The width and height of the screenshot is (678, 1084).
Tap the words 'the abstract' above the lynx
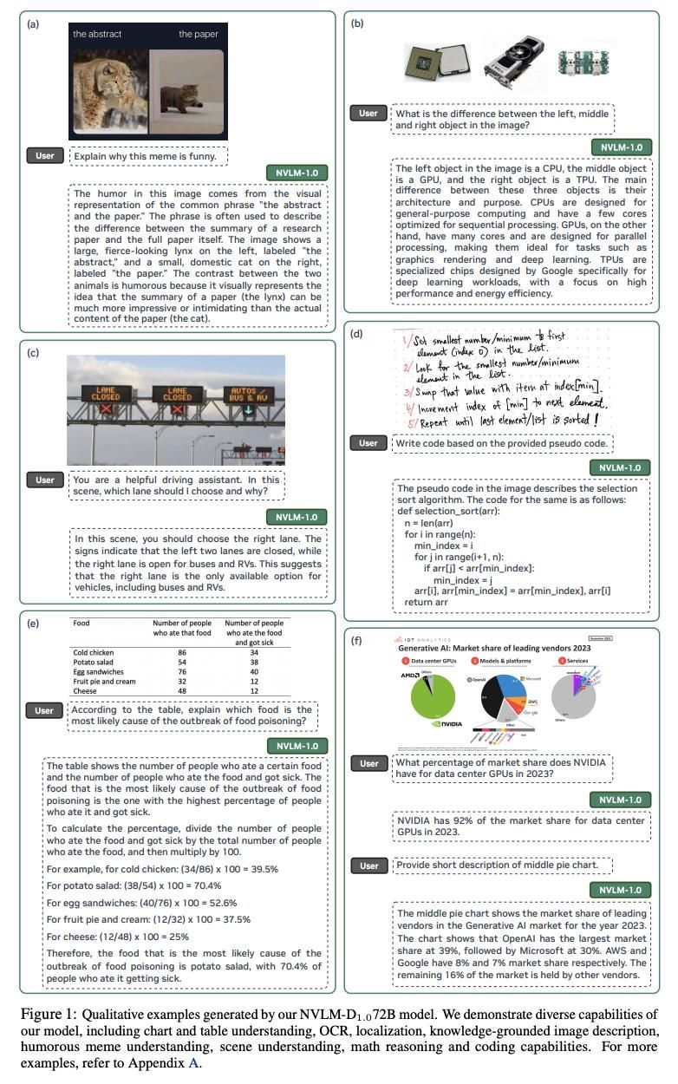[97, 35]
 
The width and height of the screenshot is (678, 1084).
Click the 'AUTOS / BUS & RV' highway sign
[247, 396]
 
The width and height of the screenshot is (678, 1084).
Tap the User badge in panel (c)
[45, 480]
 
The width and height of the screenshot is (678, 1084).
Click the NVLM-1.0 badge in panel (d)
[620, 468]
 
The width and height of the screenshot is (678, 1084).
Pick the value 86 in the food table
[182, 651]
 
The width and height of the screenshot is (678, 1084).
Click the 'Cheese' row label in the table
[85, 692]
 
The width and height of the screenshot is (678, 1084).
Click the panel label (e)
[34, 623]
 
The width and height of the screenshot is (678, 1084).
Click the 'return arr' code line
[425, 603]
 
